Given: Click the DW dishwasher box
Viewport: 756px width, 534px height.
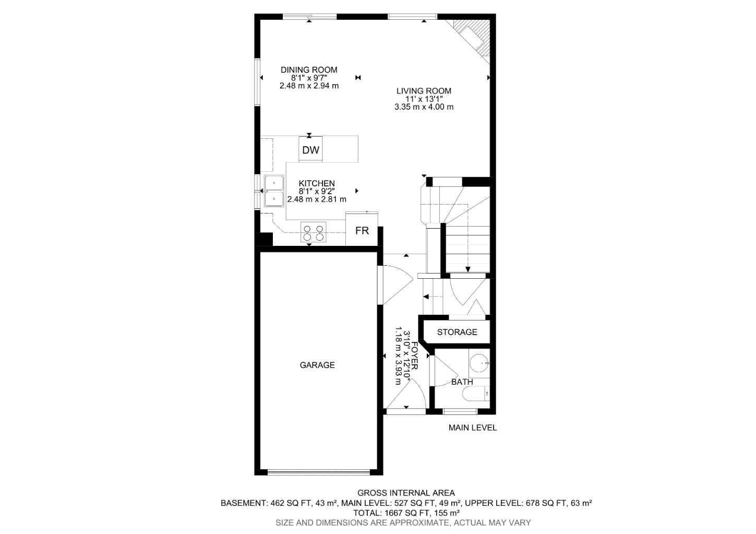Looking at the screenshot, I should (310, 150).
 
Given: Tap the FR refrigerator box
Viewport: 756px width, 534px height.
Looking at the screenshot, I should (362, 230).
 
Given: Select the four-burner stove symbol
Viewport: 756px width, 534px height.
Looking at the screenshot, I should (313, 232).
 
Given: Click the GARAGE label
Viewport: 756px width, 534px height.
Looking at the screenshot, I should (317, 365).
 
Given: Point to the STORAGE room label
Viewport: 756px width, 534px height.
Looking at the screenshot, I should (457, 332).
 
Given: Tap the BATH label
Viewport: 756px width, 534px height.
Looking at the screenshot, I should (462, 382).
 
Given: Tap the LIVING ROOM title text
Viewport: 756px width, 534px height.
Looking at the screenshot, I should (423, 91).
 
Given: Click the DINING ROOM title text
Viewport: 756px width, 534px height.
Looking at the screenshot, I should (309, 69).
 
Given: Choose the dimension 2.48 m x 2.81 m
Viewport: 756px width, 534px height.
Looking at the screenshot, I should (317, 199).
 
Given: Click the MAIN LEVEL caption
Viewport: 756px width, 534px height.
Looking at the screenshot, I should (473, 428).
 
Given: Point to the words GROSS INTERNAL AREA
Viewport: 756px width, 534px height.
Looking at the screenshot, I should (406, 493).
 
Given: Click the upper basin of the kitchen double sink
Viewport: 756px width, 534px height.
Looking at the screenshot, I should (273, 183).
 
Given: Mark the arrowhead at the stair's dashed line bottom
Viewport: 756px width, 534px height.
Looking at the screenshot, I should (468, 269).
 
